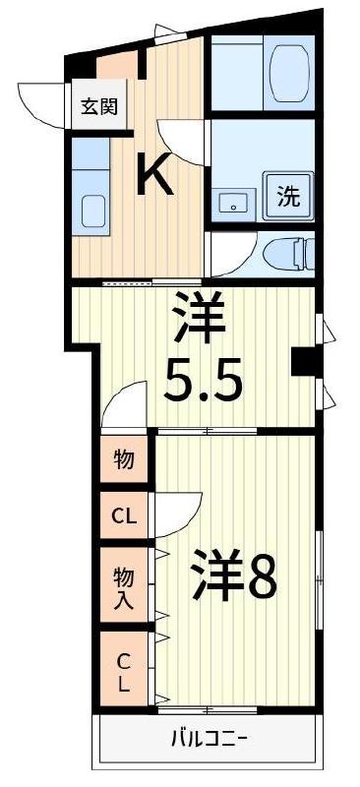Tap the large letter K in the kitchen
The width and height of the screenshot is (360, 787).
(154, 175)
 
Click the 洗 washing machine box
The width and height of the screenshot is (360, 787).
(287, 195)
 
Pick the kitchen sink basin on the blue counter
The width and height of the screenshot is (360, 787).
(93, 211)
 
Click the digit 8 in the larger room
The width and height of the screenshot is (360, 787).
(260, 580)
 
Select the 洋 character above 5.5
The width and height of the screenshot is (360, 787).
(200, 317)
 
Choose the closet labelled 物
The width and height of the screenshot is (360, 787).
(124, 459)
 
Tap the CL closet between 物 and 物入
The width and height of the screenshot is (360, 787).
(124, 515)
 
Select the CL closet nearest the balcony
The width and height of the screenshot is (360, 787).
(124, 672)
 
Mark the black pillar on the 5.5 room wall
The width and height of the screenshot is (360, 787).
(303, 361)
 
